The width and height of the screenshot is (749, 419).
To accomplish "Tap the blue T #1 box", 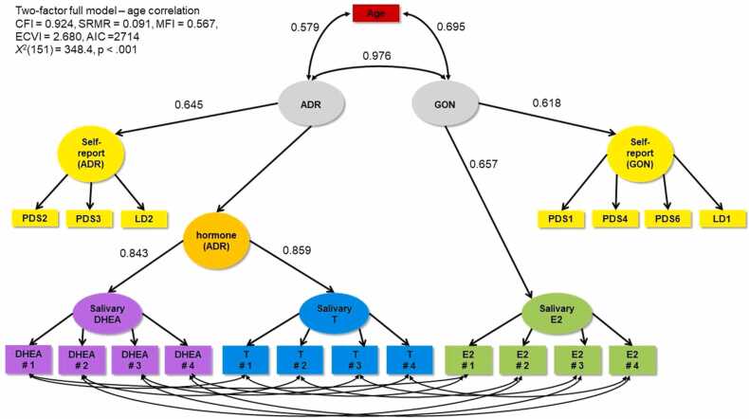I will (247, 359).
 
